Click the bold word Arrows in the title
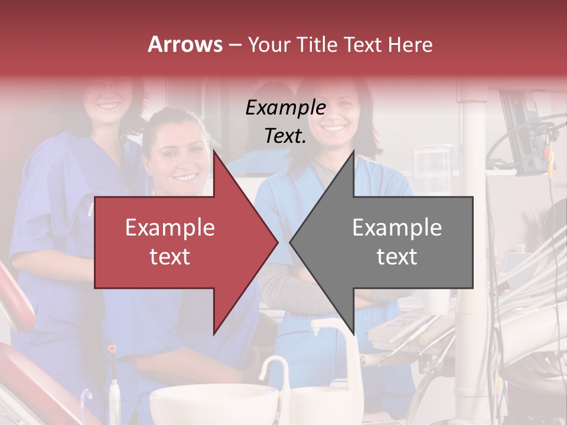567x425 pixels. point(185,44)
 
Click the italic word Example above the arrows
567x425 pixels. point(285,108)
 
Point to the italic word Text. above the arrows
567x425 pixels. point(285,136)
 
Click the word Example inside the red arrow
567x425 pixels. point(170,228)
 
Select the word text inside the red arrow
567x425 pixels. point(170,257)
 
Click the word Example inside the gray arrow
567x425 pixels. point(397,228)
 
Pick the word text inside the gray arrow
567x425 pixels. point(397,257)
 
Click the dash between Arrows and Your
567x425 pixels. point(234,45)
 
